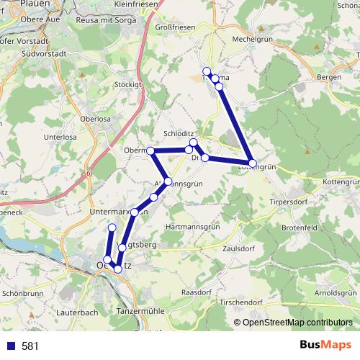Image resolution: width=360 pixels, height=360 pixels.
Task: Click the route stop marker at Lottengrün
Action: point(252,163)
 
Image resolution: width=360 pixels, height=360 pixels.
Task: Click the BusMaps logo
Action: point(326,345)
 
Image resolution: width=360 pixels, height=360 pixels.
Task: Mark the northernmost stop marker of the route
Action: point(207,71)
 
